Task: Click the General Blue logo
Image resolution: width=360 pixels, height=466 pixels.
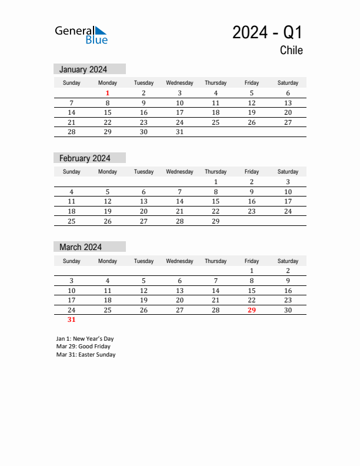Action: click(x=81, y=35)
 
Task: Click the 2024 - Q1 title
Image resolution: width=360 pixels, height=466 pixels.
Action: click(x=267, y=32)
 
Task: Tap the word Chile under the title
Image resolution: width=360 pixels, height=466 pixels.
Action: click(x=291, y=51)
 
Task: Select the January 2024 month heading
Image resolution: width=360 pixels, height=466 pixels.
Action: click(x=83, y=69)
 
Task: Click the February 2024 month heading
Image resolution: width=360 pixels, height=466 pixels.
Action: click(x=84, y=158)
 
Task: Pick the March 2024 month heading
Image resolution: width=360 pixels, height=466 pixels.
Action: click(x=80, y=247)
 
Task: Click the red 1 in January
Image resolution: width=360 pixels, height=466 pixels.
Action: click(x=108, y=93)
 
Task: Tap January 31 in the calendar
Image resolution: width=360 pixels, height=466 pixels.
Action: click(x=179, y=132)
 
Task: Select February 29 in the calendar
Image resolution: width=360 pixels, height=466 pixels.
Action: click(x=215, y=221)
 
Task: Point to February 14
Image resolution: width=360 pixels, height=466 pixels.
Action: click(x=179, y=201)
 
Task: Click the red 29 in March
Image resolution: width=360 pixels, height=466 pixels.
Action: click(x=251, y=310)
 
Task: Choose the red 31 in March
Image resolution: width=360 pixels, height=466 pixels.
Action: click(x=71, y=320)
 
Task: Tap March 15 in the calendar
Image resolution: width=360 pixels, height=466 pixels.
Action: click(x=251, y=291)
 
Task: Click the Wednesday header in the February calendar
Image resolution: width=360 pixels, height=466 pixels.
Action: click(x=179, y=172)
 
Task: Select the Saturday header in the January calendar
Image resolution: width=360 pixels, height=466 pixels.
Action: click(x=288, y=83)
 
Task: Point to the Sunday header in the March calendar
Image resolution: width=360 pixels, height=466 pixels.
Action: click(x=71, y=261)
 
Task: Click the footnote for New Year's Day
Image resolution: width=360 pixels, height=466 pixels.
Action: click(x=85, y=339)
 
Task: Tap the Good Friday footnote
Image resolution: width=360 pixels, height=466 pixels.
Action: click(x=83, y=347)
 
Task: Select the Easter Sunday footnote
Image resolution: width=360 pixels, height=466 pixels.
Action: click(x=86, y=355)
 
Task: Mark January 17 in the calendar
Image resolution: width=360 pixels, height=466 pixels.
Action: click(x=179, y=112)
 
